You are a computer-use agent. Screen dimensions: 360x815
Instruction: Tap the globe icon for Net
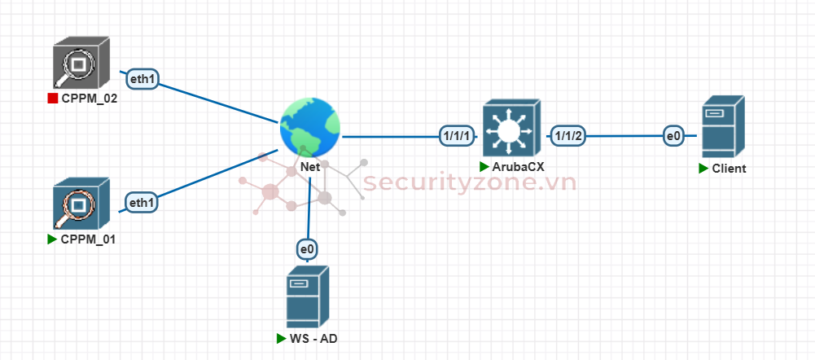coord(309,127)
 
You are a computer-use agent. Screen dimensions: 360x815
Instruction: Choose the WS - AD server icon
coord(308,297)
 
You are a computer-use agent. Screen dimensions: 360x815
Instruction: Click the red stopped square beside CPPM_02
coord(53,99)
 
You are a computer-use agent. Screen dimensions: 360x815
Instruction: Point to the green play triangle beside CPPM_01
coord(53,239)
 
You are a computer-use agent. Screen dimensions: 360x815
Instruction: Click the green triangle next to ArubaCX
coord(484,166)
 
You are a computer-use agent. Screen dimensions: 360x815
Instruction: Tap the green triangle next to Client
coord(703,169)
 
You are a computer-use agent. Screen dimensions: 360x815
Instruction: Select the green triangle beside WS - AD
coord(283,337)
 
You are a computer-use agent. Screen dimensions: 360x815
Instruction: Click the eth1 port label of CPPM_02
coord(142,79)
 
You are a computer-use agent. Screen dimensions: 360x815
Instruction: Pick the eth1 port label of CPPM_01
coord(142,201)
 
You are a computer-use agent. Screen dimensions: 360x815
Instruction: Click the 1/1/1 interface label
coord(456,136)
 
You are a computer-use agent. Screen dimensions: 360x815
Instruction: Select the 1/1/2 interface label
coord(568,136)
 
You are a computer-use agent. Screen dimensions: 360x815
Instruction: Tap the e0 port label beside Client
coord(673,136)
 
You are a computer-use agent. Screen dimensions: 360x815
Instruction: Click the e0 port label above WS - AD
coord(308,249)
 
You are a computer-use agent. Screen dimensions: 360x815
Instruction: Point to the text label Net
coord(309,166)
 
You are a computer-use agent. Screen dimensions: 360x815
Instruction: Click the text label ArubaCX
coord(518,166)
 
